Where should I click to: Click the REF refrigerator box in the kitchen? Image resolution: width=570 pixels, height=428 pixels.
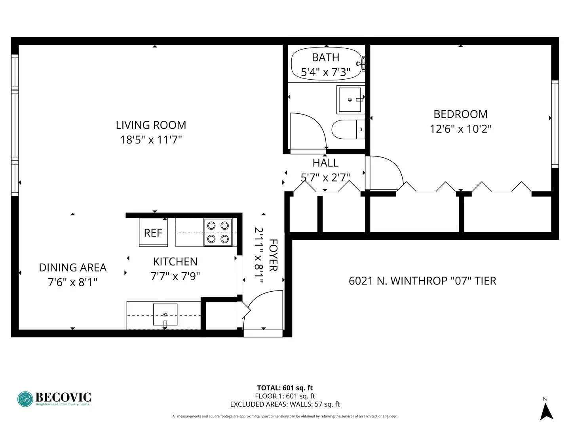(153, 233)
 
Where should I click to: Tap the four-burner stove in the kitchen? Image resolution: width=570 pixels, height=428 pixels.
(218, 232)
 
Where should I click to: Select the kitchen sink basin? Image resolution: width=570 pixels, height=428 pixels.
(165, 314)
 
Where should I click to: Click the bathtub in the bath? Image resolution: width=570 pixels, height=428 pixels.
(327, 64)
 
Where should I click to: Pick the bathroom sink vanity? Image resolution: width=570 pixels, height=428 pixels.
(350, 99)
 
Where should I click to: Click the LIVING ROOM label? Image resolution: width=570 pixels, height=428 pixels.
(151, 125)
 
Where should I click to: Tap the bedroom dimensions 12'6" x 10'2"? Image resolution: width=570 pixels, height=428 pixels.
(460, 129)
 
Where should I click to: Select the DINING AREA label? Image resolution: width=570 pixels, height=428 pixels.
(73, 267)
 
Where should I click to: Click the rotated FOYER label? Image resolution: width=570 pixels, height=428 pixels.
(273, 255)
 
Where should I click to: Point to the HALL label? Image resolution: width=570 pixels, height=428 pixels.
(325, 163)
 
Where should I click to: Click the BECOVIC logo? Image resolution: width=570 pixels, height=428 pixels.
(54, 398)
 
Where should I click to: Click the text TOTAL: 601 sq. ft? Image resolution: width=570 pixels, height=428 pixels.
(285, 388)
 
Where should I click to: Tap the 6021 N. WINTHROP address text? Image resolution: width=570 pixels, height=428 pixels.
(422, 281)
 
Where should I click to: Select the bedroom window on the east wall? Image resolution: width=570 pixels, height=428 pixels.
(555, 124)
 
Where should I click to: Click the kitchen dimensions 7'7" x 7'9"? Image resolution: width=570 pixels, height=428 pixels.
(175, 276)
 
